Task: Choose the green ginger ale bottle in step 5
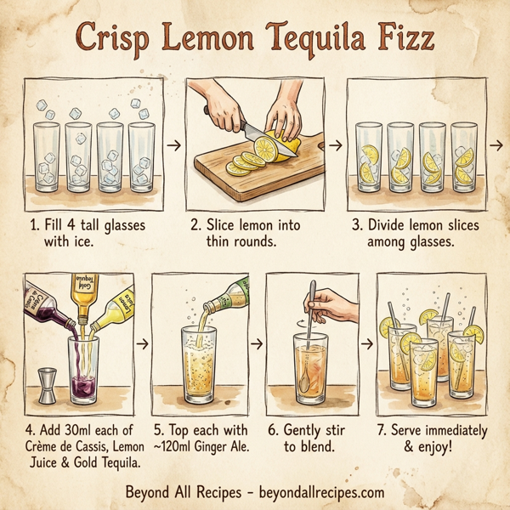click(x=229, y=296)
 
